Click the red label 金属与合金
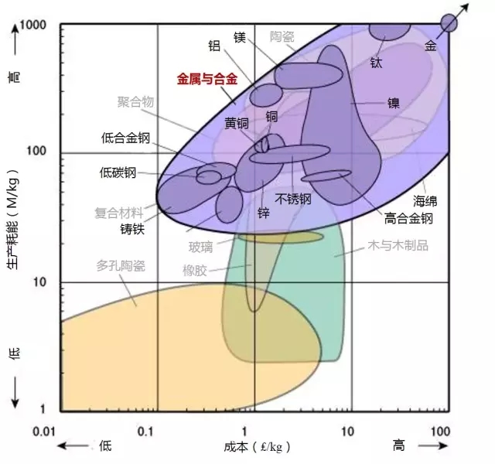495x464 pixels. coord(207,79)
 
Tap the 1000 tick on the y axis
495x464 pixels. coord(32,25)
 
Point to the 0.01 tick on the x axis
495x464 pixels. coord(44,432)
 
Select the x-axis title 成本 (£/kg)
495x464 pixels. coord(257,447)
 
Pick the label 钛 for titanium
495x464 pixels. coord(376,63)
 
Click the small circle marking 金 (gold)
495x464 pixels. coord(449,23)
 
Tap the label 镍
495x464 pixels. coord(394,103)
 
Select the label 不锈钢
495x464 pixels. coord(293,200)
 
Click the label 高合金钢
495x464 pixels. coord(408,218)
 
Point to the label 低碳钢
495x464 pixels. coord(118,172)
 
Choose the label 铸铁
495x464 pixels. coord(132,229)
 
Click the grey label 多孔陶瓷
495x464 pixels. coord(121,266)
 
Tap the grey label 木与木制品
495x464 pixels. coord(398,245)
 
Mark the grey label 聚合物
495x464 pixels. coord(135,101)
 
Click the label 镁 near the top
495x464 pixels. coord(240,37)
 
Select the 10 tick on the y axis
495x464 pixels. coord(39,281)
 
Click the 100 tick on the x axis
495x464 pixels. coord(440,432)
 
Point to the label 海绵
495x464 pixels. coord(425,201)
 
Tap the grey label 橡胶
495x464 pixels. coord(195,271)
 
